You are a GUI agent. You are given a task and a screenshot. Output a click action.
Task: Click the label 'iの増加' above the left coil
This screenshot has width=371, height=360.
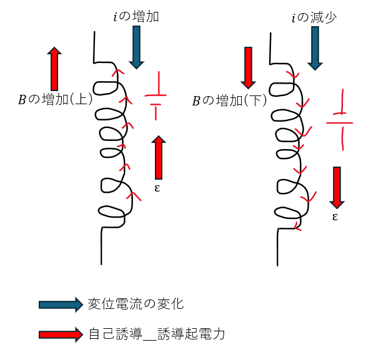click(x=136, y=17)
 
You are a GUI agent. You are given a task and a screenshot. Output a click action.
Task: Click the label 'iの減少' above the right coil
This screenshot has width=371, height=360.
click(x=314, y=17)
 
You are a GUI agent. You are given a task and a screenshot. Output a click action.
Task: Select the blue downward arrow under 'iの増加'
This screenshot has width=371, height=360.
click(x=137, y=47)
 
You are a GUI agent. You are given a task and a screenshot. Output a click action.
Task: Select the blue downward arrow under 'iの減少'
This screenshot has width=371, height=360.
click(x=315, y=48)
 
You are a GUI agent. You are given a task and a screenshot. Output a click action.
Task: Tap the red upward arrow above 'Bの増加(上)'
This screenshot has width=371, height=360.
click(x=54, y=69)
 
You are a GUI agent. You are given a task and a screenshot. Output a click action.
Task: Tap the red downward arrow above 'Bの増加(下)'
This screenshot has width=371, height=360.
click(x=248, y=68)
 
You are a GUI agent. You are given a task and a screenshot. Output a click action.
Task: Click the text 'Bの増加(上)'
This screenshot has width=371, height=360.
click(x=56, y=99)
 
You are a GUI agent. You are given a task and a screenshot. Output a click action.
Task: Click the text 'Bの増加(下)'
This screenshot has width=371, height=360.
click(x=229, y=100)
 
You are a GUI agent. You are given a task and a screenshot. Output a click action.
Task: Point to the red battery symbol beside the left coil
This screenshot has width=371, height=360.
click(x=156, y=95)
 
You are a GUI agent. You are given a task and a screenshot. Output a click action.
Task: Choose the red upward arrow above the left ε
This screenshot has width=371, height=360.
click(x=159, y=157)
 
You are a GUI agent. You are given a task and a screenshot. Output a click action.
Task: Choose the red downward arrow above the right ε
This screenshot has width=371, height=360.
click(x=337, y=187)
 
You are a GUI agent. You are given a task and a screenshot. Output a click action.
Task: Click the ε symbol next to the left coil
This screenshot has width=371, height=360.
click(x=157, y=188)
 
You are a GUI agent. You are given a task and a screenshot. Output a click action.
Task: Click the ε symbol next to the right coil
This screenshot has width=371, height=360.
click(x=335, y=216)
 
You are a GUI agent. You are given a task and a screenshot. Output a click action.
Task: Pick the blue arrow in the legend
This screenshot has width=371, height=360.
click(x=61, y=304)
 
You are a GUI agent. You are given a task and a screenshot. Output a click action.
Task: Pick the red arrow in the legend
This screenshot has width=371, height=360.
click(x=61, y=334)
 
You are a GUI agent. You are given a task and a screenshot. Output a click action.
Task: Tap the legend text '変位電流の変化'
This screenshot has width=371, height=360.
click(x=136, y=304)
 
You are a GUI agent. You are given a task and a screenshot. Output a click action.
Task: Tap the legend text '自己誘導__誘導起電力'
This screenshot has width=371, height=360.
click(x=157, y=334)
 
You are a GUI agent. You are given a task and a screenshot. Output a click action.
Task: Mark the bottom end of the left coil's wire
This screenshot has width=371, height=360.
click(x=101, y=265)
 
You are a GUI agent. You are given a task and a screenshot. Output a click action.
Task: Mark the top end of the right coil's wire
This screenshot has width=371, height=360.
click(x=270, y=33)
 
